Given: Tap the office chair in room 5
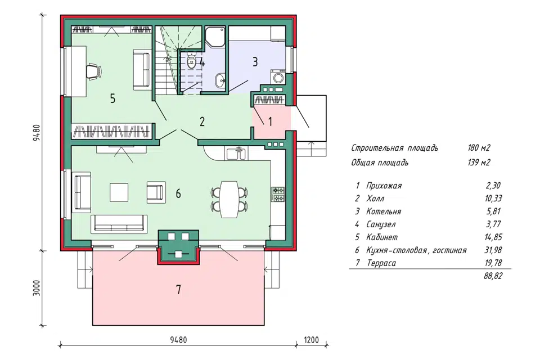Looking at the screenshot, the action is pyautogui.click(x=93, y=71).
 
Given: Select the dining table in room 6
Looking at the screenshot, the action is pyautogui.click(x=229, y=200).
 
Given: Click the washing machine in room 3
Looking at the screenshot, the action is pyautogui.click(x=278, y=76).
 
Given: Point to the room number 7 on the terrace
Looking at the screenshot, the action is pyautogui.click(x=178, y=290).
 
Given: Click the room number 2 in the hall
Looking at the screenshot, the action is pyautogui.click(x=202, y=121).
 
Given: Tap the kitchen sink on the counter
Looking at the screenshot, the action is pyautogui.click(x=236, y=154).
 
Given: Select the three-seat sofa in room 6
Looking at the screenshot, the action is pyautogui.click(x=119, y=223).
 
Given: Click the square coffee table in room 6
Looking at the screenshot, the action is pyautogui.click(x=119, y=192).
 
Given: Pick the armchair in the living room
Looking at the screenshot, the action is pyautogui.click(x=156, y=192).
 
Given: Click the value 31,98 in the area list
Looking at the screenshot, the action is pyautogui.click(x=493, y=250).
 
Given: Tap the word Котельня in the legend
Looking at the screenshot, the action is pyautogui.click(x=383, y=211).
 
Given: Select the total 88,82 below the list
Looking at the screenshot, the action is pyautogui.click(x=493, y=276).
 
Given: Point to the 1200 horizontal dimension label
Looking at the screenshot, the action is pyautogui.click(x=311, y=340).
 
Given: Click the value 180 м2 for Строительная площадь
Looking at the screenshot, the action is pyautogui.click(x=479, y=148).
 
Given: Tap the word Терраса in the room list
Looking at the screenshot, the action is pyautogui.click(x=381, y=263).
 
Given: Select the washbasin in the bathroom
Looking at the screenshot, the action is pyautogui.click(x=220, y=80).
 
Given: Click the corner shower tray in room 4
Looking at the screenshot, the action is pyautogui.click(x=215, y=37).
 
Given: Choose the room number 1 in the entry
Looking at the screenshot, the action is pyautogui.click(x=270, y=121).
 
